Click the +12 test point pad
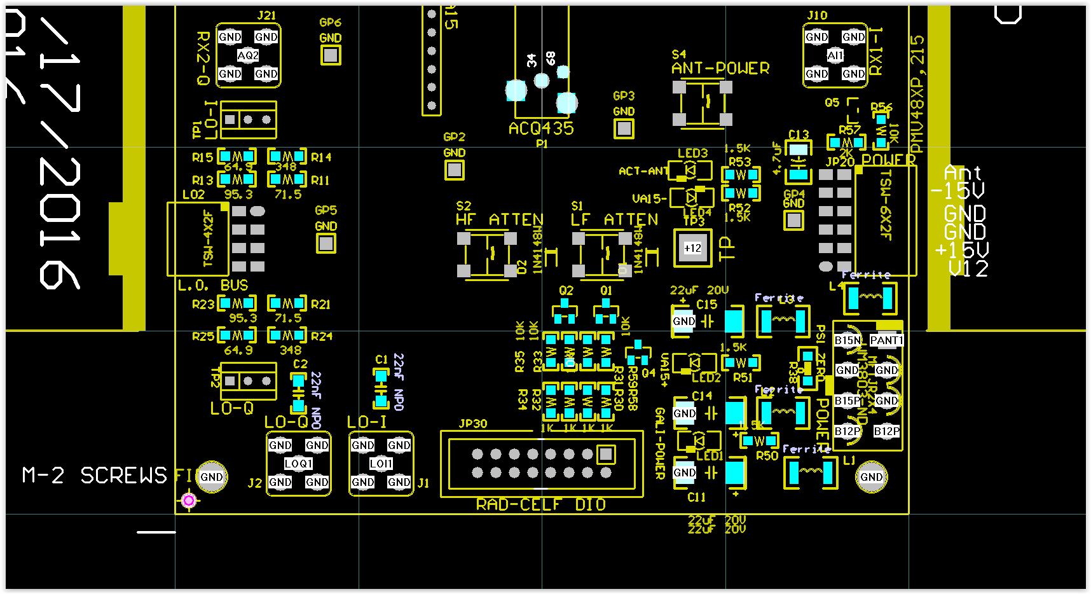point(692,248)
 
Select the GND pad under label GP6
point(330,55)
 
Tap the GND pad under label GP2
point(454,170)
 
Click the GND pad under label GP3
point(624,128)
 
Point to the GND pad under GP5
point(326,243)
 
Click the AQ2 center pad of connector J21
point(248,55)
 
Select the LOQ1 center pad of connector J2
point(298,464)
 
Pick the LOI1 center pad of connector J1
point(381,464)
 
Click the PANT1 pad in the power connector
point(886,340)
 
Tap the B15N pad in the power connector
point(847,340)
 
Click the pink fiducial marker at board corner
point(188,501)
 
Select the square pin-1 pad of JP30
point(606,454)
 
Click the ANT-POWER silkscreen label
point(720,68)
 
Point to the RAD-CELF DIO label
point(540,504)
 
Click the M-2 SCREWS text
point(94,475)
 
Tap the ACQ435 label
point(541,128)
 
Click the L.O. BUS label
point(212,285)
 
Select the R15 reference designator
point(203,157)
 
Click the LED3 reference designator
point(692,153)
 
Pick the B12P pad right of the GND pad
point(886,431)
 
